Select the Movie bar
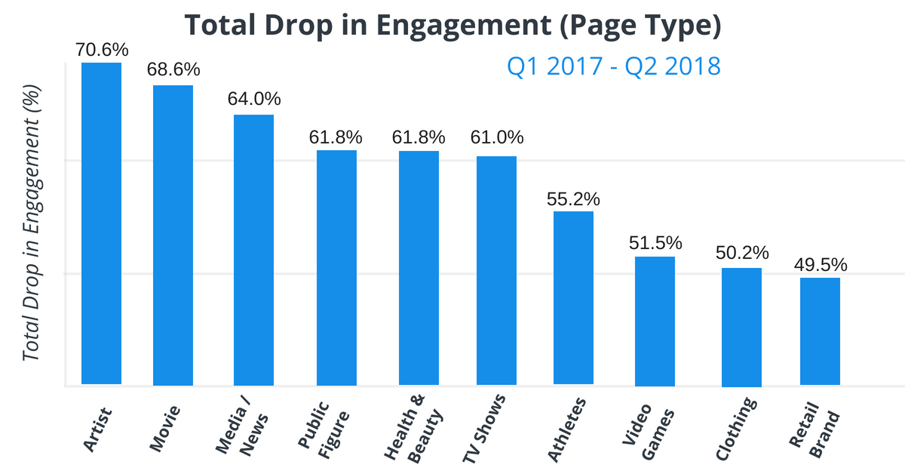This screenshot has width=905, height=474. tap(173, 235)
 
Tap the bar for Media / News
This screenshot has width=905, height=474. tap(253, 250)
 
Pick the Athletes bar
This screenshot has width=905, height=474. tap(573, 298)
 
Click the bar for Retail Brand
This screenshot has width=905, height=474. tap(820, 331)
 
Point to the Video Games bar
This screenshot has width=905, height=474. tap(655, 321)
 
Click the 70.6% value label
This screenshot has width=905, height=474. tap(102, 50)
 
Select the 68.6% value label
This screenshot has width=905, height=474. tap(173, 69)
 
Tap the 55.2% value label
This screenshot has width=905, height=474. tap(573, 199)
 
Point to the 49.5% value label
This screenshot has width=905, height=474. tap(821, 265)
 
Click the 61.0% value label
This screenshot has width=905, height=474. tap(497, 138)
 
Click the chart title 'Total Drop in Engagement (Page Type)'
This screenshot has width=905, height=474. tap(452, 25)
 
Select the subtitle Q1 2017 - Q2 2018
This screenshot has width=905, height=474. tap(613, 66)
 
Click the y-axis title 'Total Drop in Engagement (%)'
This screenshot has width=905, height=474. tap(32, 223)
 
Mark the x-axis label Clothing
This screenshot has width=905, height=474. tap(735, 426)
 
